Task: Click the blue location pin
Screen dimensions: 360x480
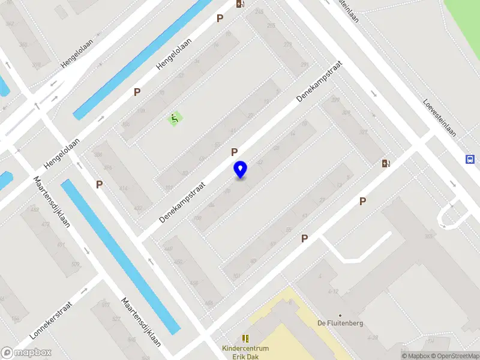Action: [x=241, y=170]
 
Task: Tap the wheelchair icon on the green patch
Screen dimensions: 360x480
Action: [x=175, y=119]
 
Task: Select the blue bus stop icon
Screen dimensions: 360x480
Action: [x=471, y=159]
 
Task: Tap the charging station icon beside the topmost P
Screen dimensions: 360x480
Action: [x=240, y=4]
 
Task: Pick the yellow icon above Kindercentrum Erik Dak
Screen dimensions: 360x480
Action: [x=245, y=339]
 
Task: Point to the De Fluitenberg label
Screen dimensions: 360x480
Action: [x=340, y=323]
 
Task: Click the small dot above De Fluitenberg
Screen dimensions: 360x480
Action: [x=340, y=315]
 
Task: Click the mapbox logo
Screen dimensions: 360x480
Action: [x=26, y=353]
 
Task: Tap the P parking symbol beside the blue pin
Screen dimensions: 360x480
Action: [x=234, y=152]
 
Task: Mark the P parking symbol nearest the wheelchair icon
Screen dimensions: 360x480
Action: [x=137, y=92]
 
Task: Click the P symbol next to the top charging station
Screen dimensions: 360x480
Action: [x=220, y=19]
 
